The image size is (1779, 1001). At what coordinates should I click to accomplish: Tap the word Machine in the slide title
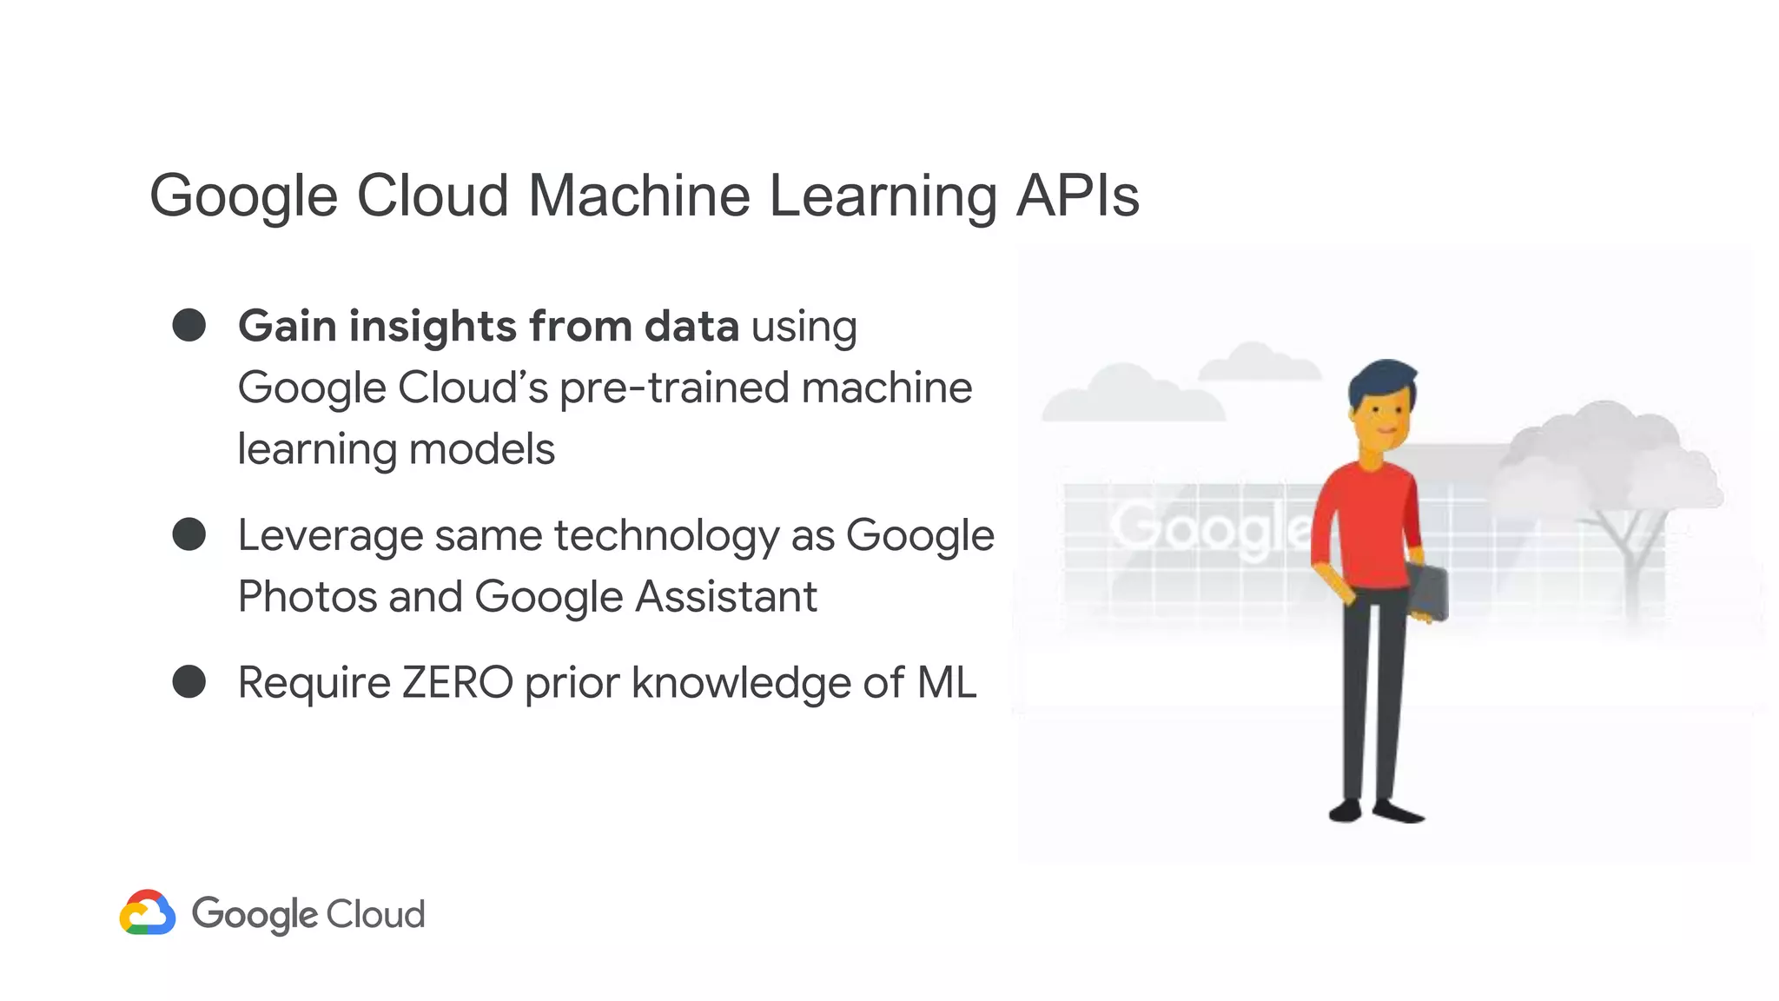tap(638, 196)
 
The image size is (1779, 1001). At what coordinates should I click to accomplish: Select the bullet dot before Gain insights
tap(189, 325)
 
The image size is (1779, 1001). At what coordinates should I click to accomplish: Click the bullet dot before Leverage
tap(189, 534)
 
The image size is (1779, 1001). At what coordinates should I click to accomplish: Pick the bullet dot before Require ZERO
tap(189, 682)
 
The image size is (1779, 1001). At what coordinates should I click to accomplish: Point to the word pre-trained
tap(674, 388)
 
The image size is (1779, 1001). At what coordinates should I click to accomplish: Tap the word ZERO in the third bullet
tap(457, 683)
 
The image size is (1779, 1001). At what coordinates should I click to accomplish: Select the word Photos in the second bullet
tap(308, 597)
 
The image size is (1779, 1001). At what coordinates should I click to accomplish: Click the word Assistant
tap(726, 597)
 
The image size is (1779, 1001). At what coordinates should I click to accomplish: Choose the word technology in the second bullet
tap(666, 535)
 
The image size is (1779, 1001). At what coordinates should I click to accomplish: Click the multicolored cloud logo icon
tap(148, 912)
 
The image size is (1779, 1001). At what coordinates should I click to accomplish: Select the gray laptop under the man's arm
tap(1427, 591)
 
